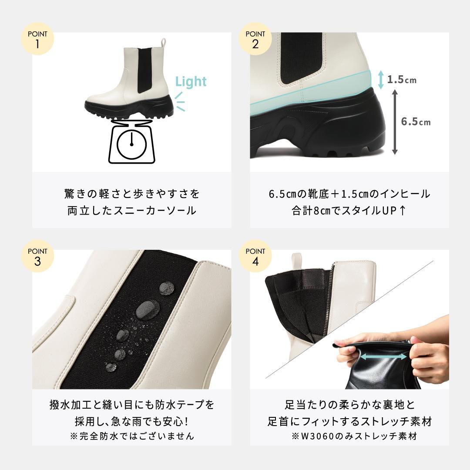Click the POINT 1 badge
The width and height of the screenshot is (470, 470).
pos(37,39)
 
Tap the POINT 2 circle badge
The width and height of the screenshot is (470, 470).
pos(255,39)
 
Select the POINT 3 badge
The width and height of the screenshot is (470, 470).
pos(37,256)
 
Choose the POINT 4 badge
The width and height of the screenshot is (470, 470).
pos(255,256)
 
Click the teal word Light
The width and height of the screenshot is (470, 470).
pos(191,81)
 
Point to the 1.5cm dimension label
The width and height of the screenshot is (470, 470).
pos(402,80)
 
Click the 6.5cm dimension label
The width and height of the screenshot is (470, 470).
pos(416,122)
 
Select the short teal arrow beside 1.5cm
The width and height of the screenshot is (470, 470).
pos(381,80)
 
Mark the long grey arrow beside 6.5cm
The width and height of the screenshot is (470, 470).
pos(395,121)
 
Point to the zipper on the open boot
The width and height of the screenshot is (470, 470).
pos(329,300)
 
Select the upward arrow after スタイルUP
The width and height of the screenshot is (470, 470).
pos(402,211)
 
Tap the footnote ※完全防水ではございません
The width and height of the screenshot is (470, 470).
pos(132,436)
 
